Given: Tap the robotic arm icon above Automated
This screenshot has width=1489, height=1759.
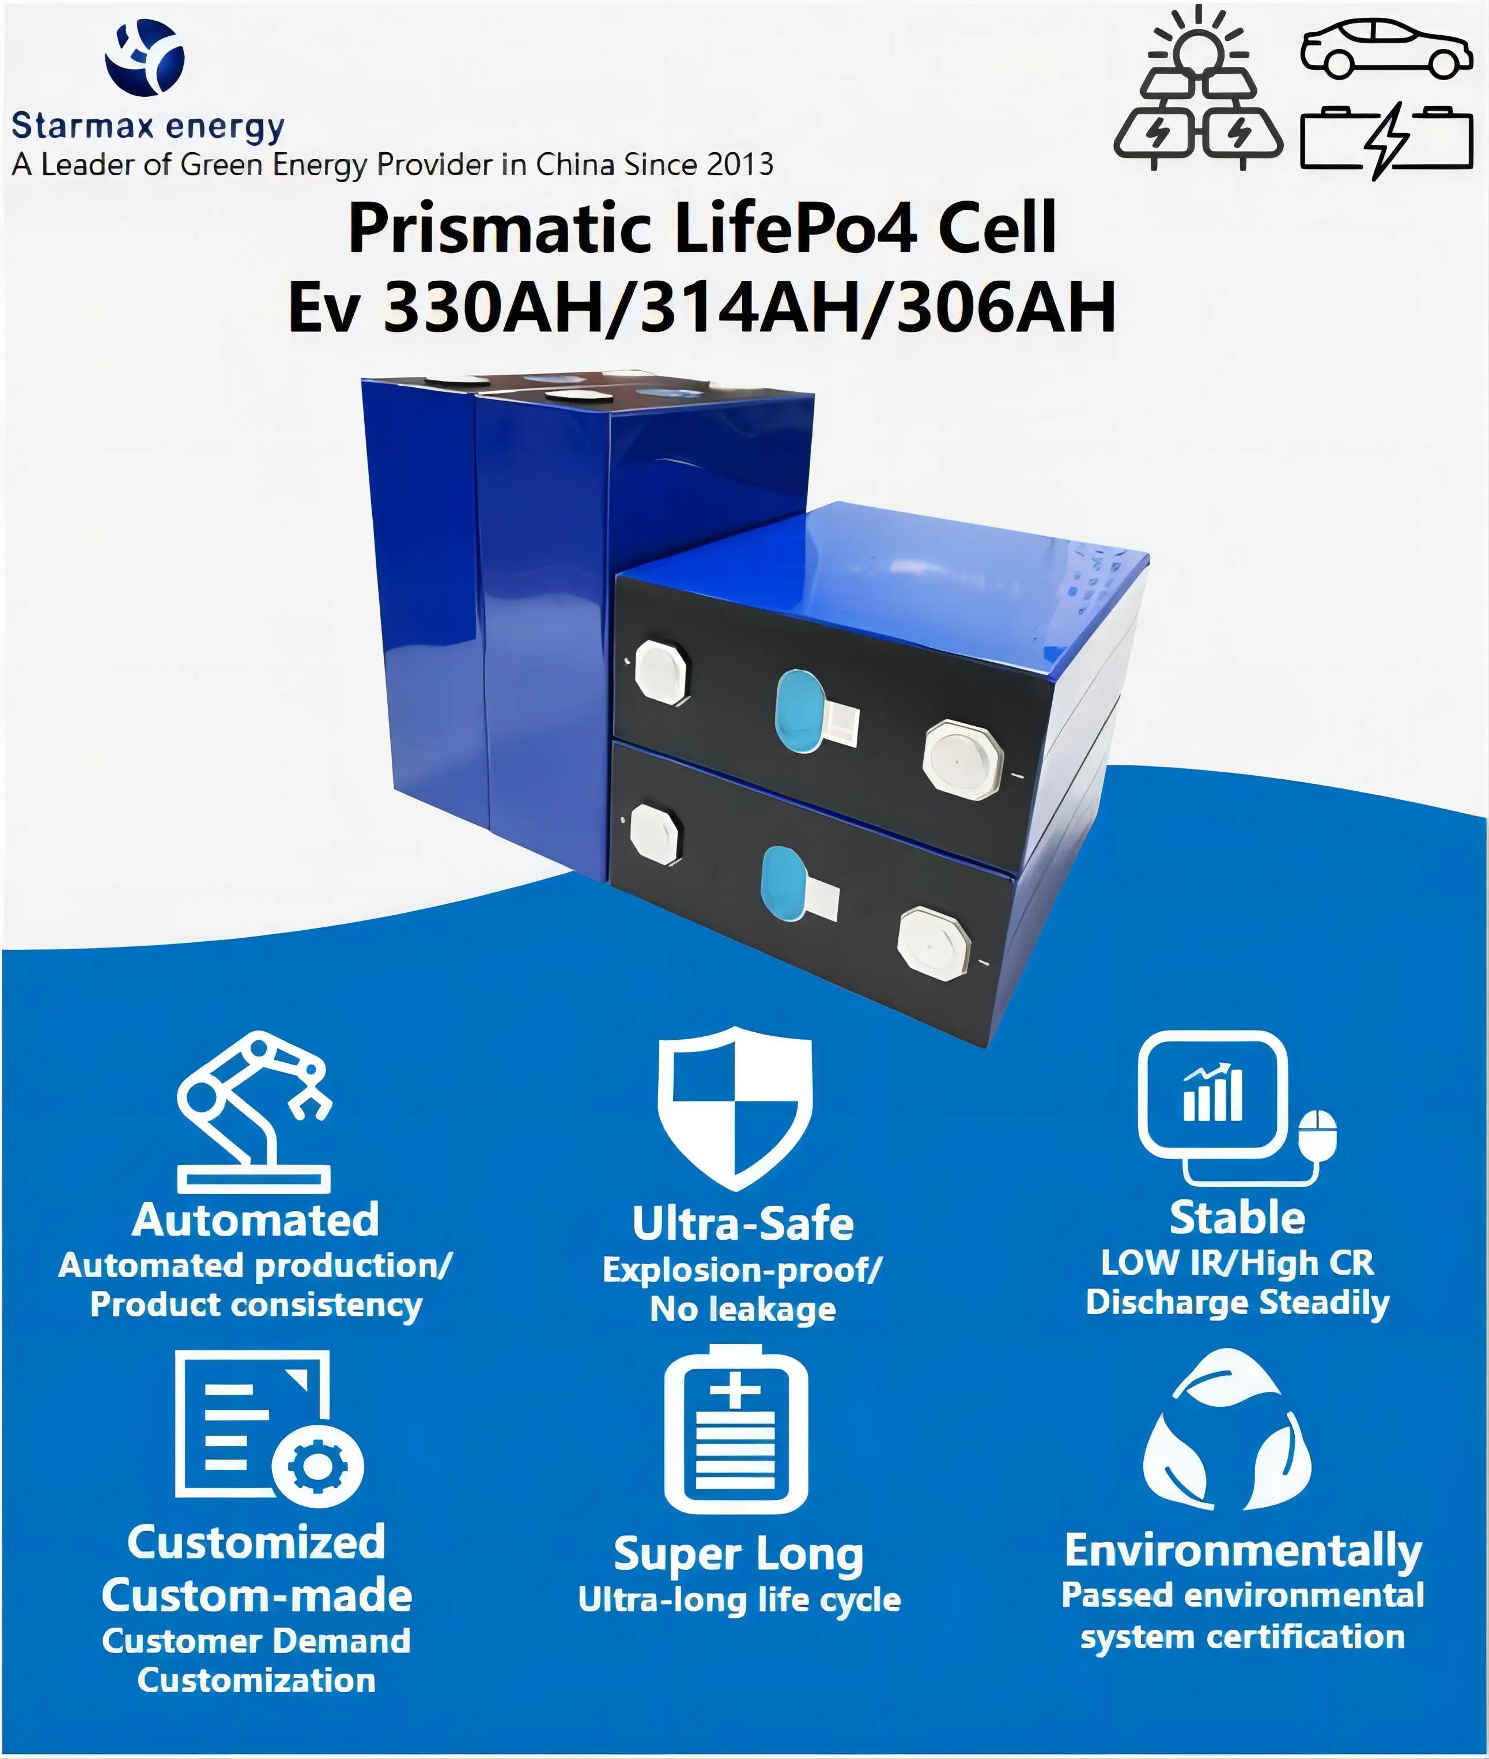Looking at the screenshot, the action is tap(253, 1111).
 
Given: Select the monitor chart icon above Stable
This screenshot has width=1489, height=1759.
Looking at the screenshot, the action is tap(1237, 1108).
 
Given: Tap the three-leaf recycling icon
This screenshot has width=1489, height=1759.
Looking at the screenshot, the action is tap(1226, 1430).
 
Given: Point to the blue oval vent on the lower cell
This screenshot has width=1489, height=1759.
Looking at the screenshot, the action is tap(783, 883).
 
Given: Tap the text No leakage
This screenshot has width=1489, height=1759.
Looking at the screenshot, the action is tap(743, 1309).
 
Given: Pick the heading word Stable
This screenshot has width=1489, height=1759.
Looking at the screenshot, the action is tap(1237, 1217).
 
